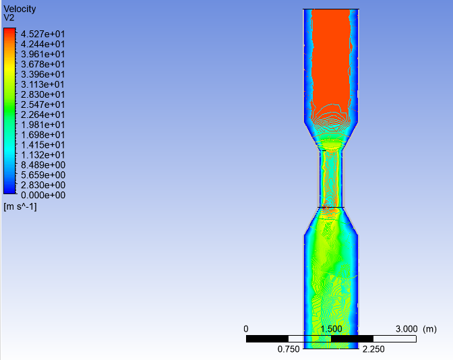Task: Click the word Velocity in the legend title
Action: point(20,9)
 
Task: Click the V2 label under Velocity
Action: point(9,18)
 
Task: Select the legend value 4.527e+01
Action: point(42,34)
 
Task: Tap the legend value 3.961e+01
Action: point(42,54)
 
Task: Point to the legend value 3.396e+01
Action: point(42,74)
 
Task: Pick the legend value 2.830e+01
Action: point(42,94)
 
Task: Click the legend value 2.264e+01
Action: point(42,115)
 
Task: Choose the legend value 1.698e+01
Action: point(42,134)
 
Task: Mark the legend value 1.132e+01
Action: point(42,154)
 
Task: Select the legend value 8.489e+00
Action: point(42,164)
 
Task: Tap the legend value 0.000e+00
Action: point(42,195)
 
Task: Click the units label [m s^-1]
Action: point(20,206)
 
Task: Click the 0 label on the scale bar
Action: point(246,328)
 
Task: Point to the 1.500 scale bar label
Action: point(331,328)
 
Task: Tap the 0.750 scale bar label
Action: point(289,349)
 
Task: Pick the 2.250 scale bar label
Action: point(373,349)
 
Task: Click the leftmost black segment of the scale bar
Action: point(267,338)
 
